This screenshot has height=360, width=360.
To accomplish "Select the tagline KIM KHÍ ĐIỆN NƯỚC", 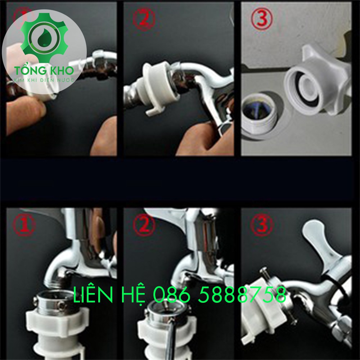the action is coord(44,80).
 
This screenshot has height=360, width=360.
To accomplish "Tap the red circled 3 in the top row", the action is coord(262,18).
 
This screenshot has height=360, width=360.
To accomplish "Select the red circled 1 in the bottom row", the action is coord(24,225).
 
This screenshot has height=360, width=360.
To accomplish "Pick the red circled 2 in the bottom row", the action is coord(144,225).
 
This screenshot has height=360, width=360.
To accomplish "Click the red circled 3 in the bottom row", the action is coord(262,225).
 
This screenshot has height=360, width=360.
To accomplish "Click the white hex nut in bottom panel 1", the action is coord(57,323).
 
